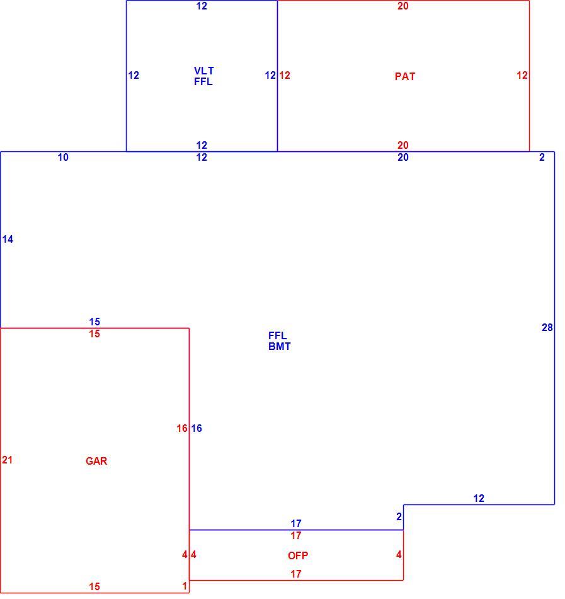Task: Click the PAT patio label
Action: [x=405, y=76]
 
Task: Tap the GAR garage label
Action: [x=96, y=461]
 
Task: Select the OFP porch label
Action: [x=297, y=555]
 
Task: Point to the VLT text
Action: [x=203, y=71]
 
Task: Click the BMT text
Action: [x=279, y=347]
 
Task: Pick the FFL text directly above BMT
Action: [x=277, y=336]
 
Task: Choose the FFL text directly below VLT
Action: [x=203, y=81]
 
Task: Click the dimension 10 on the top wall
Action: [x=63, y=157]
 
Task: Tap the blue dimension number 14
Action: [x=8, y=239]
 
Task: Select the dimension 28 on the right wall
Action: [x=547, y=327]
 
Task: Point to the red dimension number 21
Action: [x=8, y=460]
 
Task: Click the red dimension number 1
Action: [x=185, y=586]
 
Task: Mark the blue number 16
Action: [x=197, y=428]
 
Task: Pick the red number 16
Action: [x=182, y=428]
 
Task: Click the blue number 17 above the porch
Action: [x=295, y=523]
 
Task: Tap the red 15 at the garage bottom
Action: [x=94, y=586]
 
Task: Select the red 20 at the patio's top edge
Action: [x=403, y=6]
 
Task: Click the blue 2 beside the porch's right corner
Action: [x=399, y=516]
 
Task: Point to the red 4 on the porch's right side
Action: [x=399, y=554]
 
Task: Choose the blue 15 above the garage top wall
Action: [x=94, y=322]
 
